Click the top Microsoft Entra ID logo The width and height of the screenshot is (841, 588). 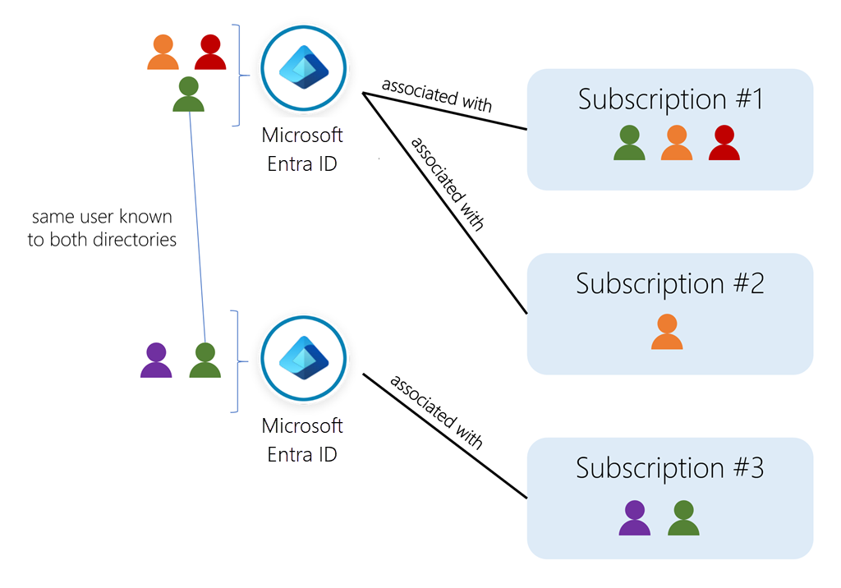[304, 69]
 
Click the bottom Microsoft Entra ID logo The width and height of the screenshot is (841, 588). [304, 360]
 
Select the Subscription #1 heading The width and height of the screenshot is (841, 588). [670, 99]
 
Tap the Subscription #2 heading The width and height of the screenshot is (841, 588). [670, 284]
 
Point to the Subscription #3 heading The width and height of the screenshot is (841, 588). [670, 468]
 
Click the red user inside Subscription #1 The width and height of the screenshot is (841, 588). [724, 143]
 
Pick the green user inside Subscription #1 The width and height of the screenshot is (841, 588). [629, 143]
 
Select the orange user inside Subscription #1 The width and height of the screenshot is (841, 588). [677, 143]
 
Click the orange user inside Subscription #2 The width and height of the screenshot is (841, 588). [667, 332]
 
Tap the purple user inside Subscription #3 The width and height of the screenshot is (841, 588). [634, 518]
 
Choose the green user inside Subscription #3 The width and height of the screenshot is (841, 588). [683, 518]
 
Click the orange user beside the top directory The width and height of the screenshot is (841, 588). [163, 53]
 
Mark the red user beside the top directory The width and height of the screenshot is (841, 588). [210, 53]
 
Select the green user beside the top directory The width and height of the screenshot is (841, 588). [189, 94]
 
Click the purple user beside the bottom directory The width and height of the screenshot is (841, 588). [156, 361]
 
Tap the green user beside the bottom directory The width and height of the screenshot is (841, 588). [205, 361]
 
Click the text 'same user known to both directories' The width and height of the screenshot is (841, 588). [102, 228]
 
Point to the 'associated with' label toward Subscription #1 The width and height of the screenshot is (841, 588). [437, 95]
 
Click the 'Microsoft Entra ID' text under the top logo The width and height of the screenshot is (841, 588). [302, 149]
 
